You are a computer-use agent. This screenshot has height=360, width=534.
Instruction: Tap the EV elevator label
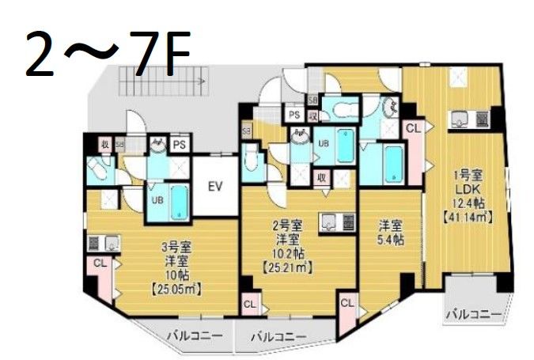click(214, 187)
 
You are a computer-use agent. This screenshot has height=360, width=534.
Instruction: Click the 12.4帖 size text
click(469, 203)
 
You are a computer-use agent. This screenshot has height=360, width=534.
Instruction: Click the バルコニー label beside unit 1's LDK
click(473, 314)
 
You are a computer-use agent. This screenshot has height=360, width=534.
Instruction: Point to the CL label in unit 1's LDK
click(413, 127)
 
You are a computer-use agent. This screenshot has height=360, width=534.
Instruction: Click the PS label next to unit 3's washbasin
click(180, 144)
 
